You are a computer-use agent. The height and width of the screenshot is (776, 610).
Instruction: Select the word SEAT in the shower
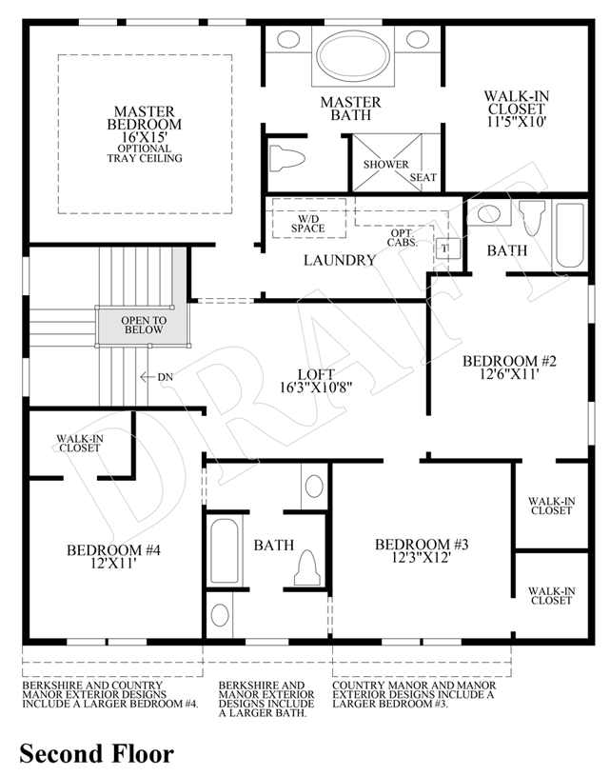click(x=423, y=177)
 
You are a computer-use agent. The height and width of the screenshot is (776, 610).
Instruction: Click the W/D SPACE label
click(x=307, y=223)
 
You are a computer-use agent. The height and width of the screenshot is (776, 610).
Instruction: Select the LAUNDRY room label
click(x=339, y=260)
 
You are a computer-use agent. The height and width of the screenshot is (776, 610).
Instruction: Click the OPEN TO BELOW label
click(x=144, y=325)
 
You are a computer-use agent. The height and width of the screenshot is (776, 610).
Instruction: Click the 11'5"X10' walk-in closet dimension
click(x=517, y=123)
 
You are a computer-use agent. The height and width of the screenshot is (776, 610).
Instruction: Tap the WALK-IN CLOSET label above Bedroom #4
click(x=79, y=442)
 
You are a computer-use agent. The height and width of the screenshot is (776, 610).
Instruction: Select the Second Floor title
click(x=97, y=754)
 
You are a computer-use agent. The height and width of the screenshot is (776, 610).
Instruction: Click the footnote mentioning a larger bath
click(x=261, y=699)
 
